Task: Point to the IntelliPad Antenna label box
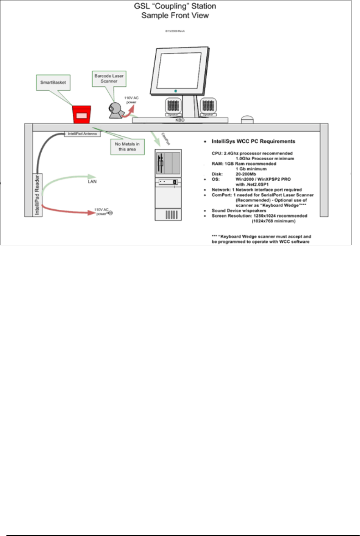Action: click(82, 134)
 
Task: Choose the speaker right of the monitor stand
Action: click(208, 107)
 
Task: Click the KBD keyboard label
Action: click(179, 121)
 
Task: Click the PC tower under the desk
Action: click(168, 184)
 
